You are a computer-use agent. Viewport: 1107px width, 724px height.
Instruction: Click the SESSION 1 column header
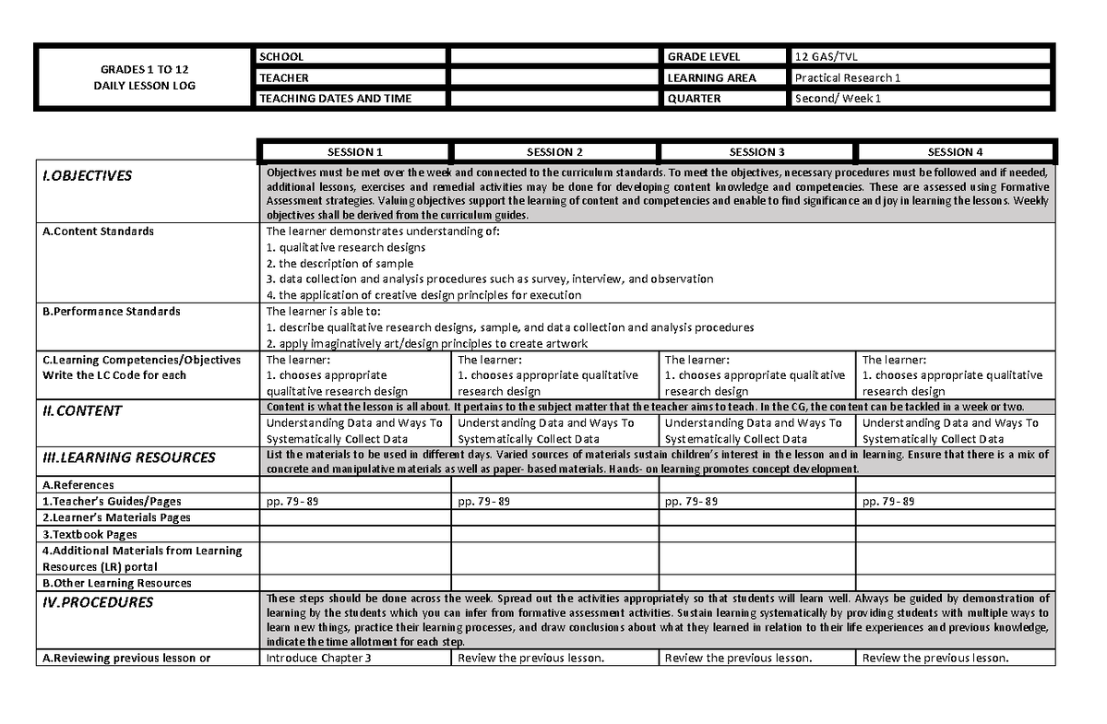(x=355, y=152)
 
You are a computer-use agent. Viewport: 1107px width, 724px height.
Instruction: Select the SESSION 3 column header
(x=756, y=152)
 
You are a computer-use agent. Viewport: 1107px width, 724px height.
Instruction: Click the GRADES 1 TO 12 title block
(x=145, y=77)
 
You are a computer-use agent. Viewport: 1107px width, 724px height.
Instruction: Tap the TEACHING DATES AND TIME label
(x=336, y=99)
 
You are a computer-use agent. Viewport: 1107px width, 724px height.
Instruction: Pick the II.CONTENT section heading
(x=82, y=411)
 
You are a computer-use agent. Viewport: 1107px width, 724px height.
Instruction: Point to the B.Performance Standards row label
(x=112, y=312)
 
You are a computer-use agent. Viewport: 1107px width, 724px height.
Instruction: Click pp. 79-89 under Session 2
(x=484, y=502)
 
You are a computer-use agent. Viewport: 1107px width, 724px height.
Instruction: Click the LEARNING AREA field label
(x=711, y=78)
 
